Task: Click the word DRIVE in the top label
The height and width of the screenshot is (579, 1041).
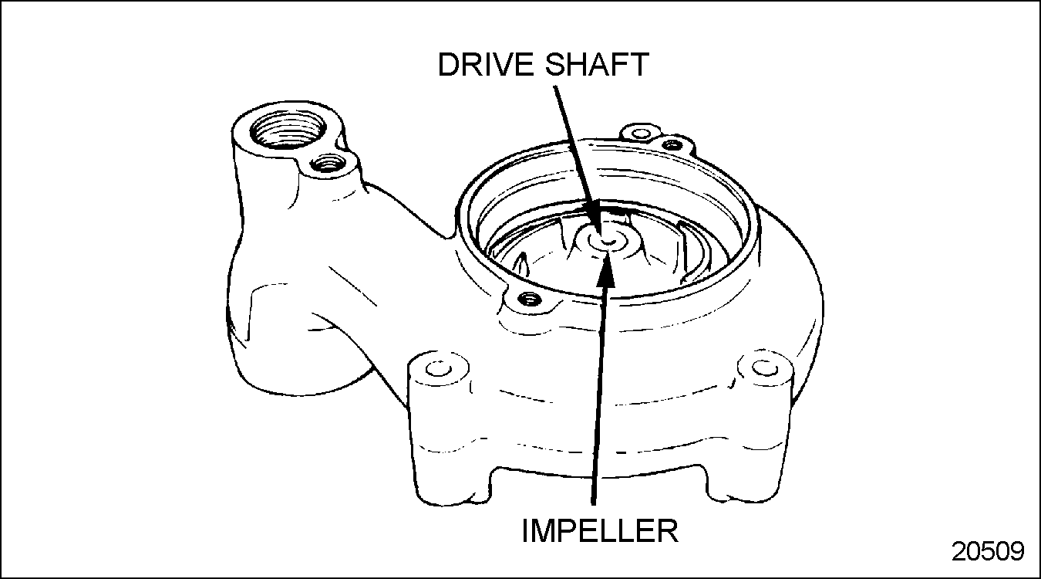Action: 487,65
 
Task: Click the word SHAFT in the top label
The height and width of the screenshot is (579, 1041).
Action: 597,65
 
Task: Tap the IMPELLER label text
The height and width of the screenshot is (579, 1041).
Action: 600,530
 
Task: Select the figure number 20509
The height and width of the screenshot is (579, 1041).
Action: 988,551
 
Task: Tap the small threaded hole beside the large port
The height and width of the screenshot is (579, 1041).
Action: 328,164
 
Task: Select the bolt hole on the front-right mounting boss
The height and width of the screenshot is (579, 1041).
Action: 761,368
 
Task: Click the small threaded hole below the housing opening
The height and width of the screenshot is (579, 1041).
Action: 528,298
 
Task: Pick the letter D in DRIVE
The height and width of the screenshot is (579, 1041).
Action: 448,65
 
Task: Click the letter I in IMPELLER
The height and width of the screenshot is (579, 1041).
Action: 525,530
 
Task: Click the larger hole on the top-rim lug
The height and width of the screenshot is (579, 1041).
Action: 641,134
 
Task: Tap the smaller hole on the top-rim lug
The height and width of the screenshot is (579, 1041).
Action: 672,144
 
